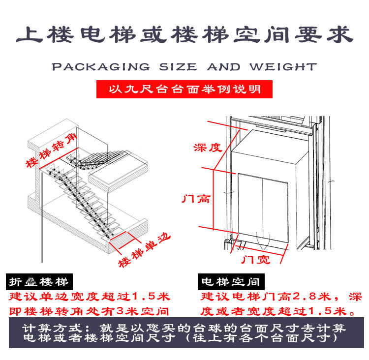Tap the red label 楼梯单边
coord(144,249)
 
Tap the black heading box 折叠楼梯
coord(39,282)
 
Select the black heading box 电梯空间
coord(230,282)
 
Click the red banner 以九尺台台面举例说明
coord(184,90)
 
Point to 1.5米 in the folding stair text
coord(151,297)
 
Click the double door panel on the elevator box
coord(263,207)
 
